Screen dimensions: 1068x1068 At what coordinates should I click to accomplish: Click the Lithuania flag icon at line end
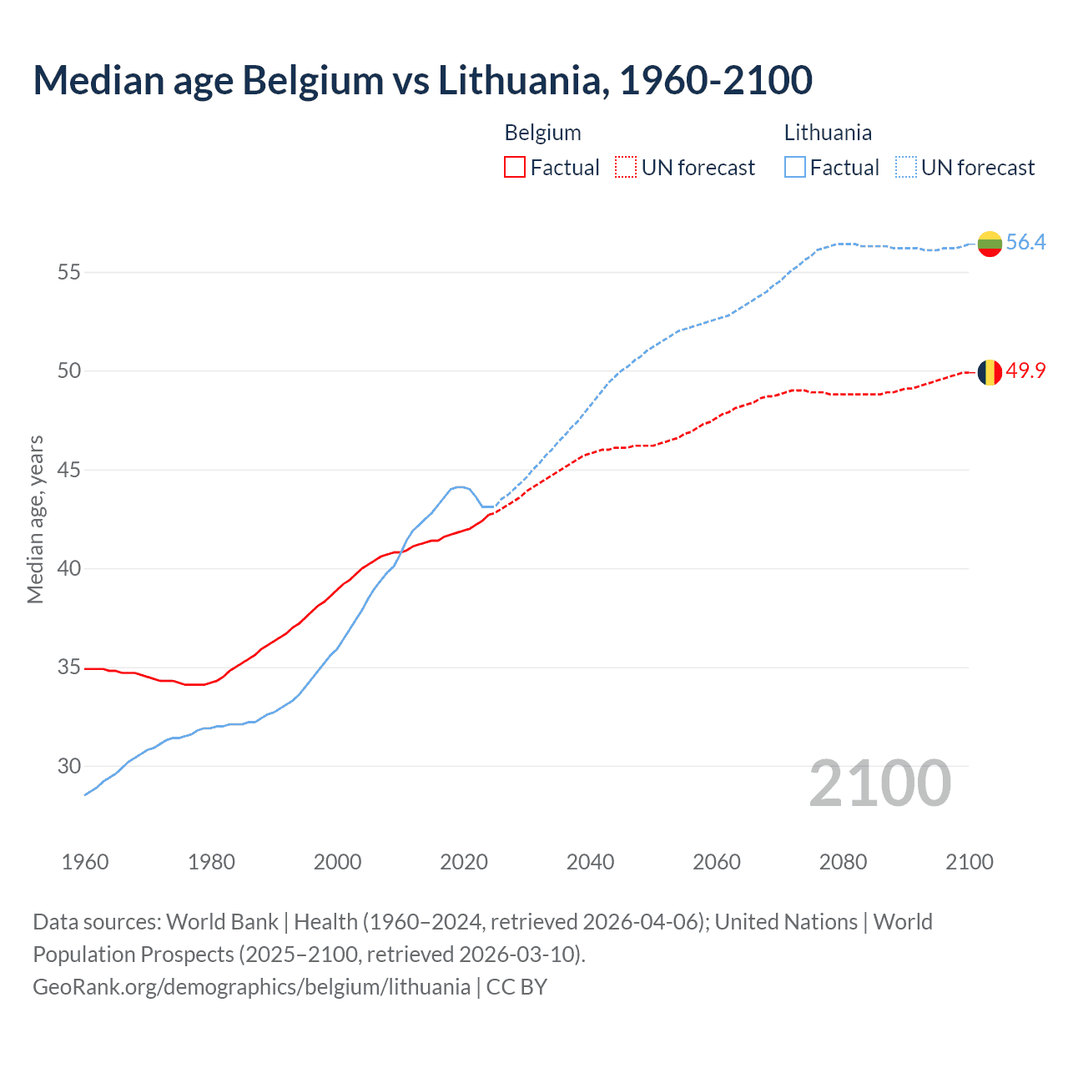pos(990,244)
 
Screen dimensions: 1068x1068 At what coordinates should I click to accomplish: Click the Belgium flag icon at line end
pos(990,372)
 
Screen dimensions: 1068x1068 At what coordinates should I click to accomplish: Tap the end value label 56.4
pos(1025,242)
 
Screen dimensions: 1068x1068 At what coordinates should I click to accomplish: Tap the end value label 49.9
pos(1025,370)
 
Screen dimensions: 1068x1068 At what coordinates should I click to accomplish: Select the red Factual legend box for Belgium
pos(515,168)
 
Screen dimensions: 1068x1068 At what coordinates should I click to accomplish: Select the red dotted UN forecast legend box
pos(626,168)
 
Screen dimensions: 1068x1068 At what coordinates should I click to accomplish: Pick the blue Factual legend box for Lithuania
pos(795,168)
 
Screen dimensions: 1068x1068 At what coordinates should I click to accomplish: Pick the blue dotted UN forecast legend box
pos(906,168)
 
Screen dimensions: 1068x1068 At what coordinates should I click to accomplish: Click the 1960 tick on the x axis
pos(85,862)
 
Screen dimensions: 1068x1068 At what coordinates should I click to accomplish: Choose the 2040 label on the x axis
pos(590,862)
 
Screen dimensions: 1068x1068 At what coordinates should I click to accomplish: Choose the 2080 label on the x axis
pos(843,862)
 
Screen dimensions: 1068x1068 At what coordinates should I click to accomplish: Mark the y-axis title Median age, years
pos(35,519)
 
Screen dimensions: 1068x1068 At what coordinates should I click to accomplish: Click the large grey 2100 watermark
pos(880,783)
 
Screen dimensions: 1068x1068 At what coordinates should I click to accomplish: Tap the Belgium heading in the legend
pos(542,133)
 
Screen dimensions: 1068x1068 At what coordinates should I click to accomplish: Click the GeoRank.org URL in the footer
pos(251,986)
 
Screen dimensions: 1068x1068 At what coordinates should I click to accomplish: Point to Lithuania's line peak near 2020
pos(459,486)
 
